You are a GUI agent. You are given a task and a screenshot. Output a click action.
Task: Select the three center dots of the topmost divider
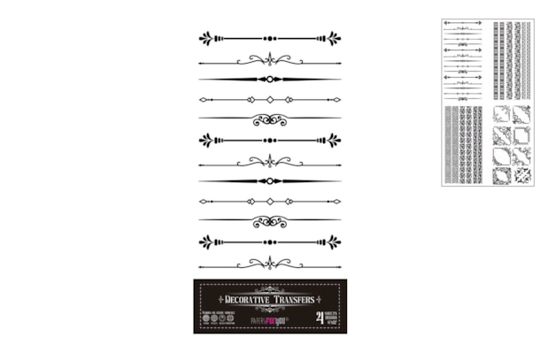tap(270, 38)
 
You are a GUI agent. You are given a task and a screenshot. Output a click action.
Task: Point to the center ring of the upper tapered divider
tap(270, 80)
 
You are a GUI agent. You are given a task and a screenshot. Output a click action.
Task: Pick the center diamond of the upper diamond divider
tap(270, 100)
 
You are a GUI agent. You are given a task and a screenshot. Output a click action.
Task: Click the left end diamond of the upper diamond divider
tap(203, 100)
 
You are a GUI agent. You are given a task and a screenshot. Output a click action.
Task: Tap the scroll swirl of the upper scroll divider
tap(270, 119)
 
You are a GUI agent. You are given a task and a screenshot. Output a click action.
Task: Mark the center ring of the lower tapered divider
tap(270, 181)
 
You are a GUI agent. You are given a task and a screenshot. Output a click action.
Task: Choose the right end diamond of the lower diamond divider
tap(337, 201)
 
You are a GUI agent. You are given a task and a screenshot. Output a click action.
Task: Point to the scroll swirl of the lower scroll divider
tap(270, 220)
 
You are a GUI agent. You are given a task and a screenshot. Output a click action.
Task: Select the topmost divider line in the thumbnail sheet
tap(461, 22)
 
